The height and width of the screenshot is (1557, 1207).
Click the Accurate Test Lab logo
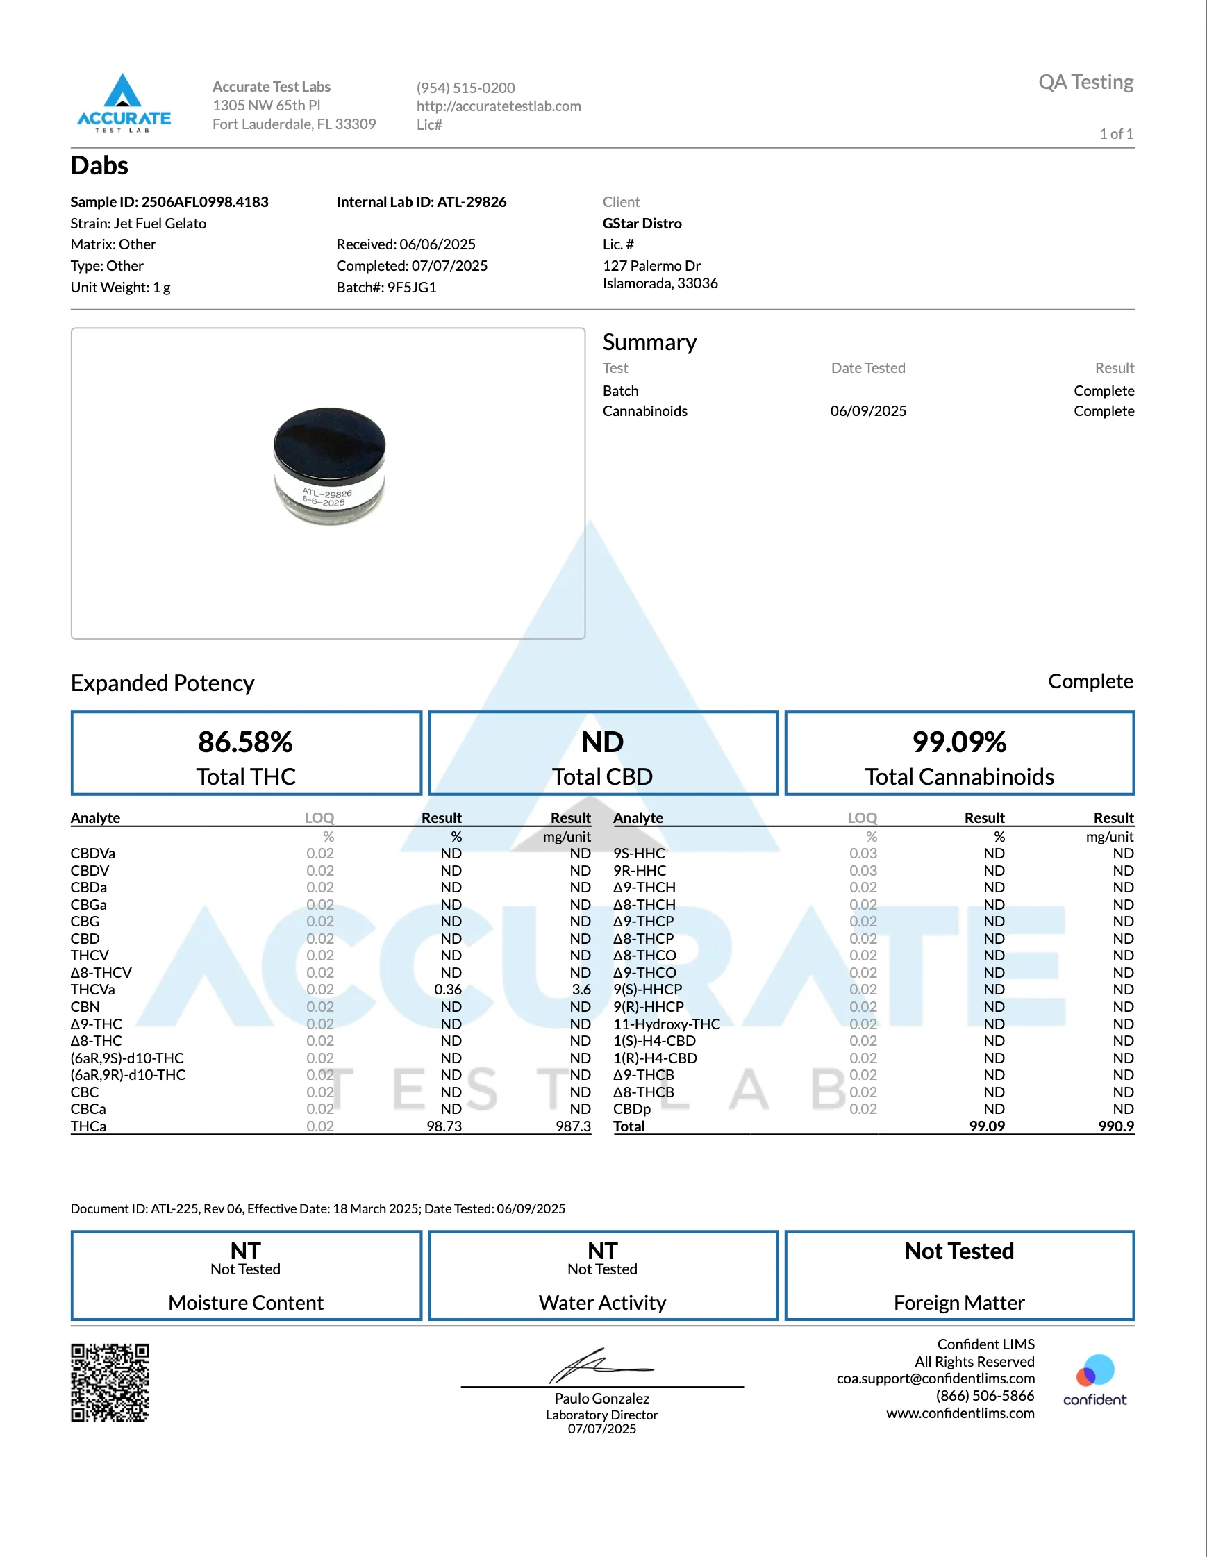pos(124,103)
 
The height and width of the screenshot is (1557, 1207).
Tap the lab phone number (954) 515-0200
pos(465,88)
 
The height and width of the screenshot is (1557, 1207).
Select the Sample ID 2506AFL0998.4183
pos(205,202)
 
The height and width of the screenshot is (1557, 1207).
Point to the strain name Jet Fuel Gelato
pos(160,223)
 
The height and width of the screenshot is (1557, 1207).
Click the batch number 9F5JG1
pos(411,288)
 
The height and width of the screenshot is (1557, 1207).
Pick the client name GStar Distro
pos(642,223)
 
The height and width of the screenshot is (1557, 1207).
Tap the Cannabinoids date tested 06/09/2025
pos(867,411)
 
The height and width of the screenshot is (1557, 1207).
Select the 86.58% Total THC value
pos(245,742)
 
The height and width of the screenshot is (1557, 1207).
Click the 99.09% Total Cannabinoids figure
pos(959,742)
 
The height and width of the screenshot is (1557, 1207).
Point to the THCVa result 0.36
pos(448,990)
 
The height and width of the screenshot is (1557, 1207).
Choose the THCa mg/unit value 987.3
pos(573,1126)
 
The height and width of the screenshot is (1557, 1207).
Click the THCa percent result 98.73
pos(444,1126)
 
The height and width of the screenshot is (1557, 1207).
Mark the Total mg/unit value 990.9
pos(1116,1126)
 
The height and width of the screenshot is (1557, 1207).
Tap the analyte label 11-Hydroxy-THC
pos(667,1024)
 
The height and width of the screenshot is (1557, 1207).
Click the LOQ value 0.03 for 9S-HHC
pos(863,854)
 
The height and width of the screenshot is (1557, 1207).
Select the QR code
pos(110,1383)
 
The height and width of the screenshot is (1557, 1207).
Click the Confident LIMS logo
pos(1094,1380)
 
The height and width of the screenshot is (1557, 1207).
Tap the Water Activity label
pos(602,1303)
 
